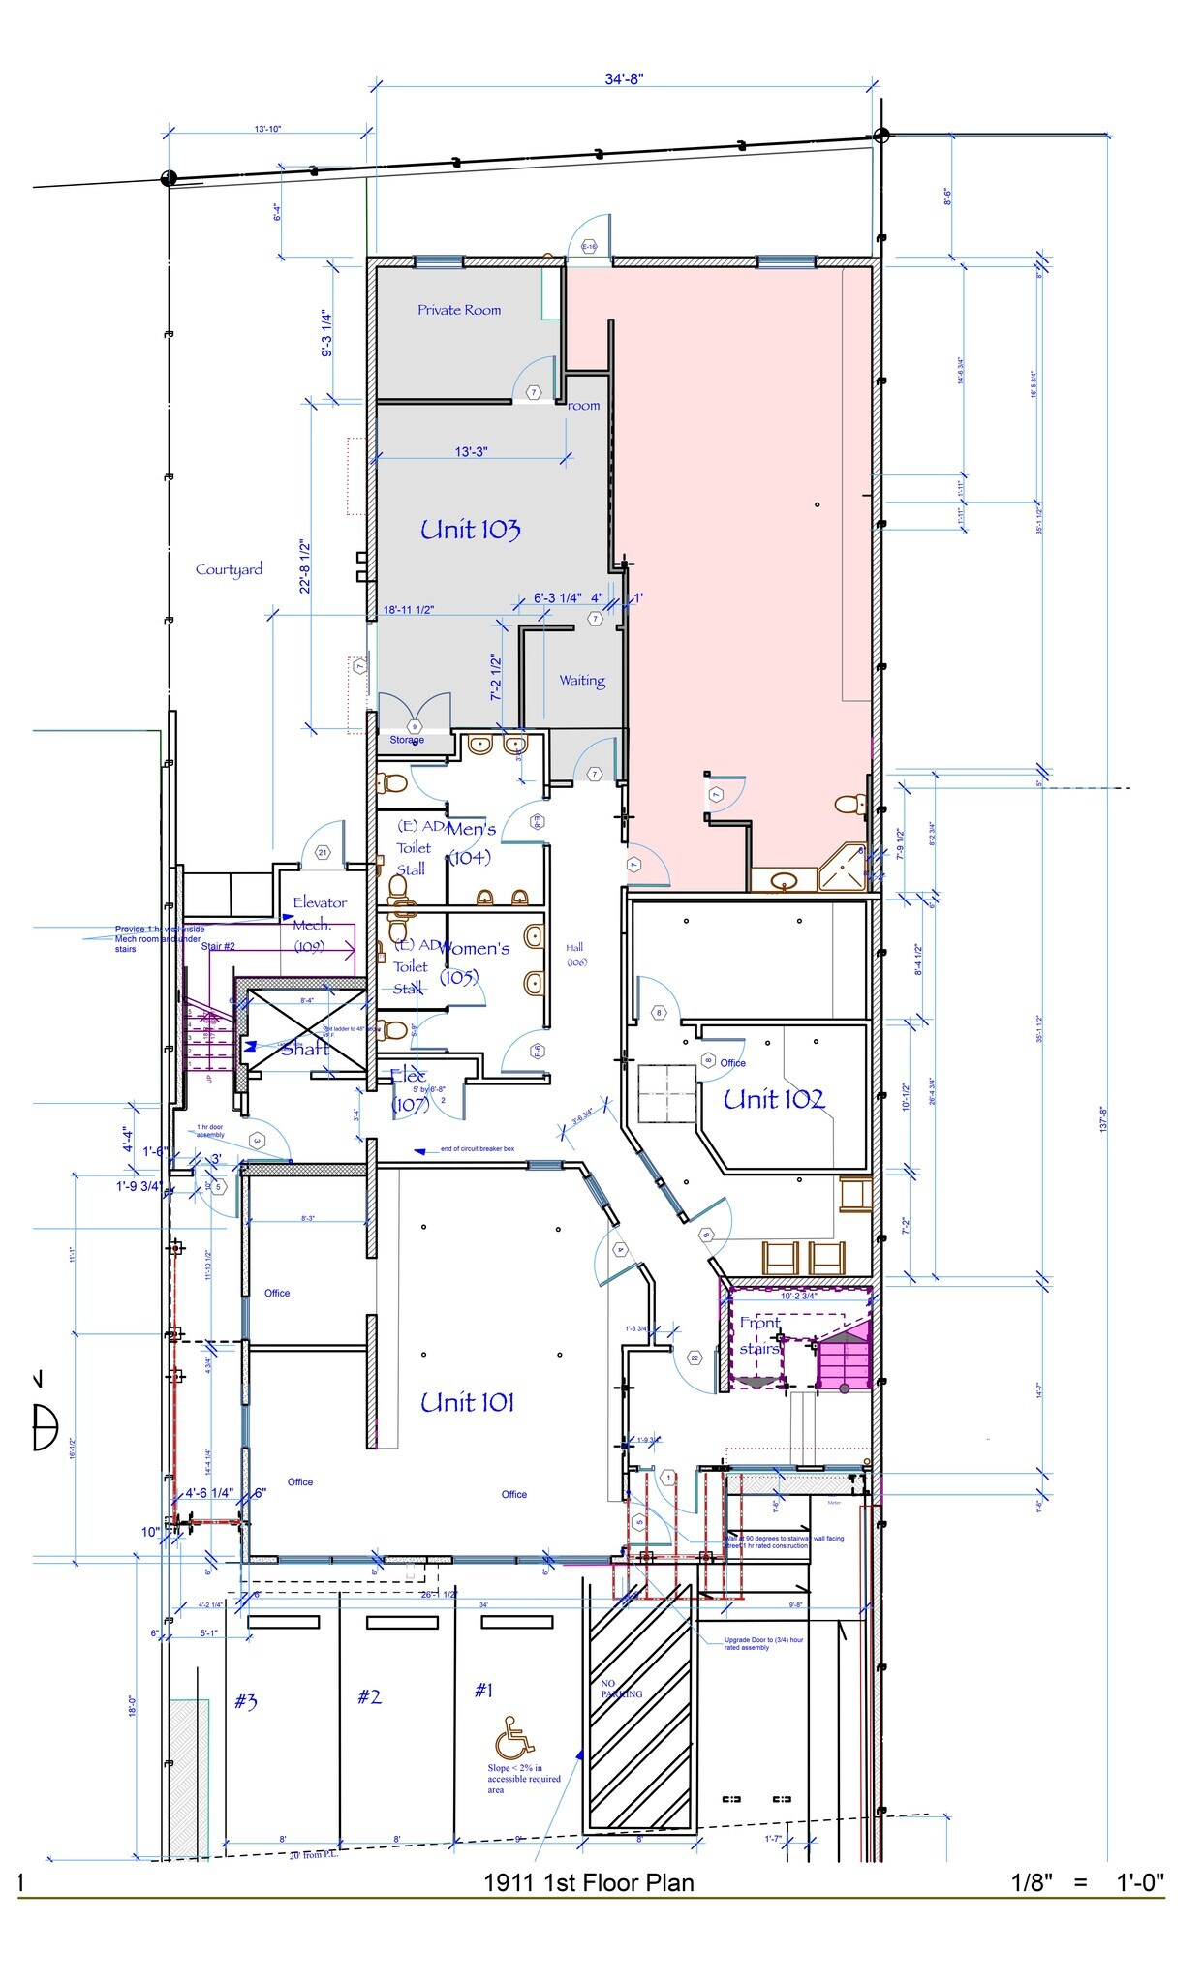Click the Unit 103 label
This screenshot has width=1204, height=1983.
(x=470, y=530)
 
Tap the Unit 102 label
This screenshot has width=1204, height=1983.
(x=773, y=1099)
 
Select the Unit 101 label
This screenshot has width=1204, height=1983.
(x=467, y=1402)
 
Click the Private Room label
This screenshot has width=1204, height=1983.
(x=459, y=310)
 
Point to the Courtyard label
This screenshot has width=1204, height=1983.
(x=229, y=569)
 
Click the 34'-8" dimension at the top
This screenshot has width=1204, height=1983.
(x=625, y=79)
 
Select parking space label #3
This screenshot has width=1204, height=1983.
(x=245, y=1701)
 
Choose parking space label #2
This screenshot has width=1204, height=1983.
(x=369, y=1696)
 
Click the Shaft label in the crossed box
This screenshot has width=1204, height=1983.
(x=305, y=1048)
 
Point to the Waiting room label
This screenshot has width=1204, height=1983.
(x=582, y=681)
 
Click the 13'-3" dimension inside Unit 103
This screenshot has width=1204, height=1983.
(x=471, y=451)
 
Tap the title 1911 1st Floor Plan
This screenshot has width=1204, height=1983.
(x=589, y=1882)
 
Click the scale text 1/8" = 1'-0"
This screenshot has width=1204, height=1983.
(x=1087, y=1882)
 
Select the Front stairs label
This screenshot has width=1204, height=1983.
(x=759, y=1335)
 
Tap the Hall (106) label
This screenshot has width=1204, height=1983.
(x=575, y=954)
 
